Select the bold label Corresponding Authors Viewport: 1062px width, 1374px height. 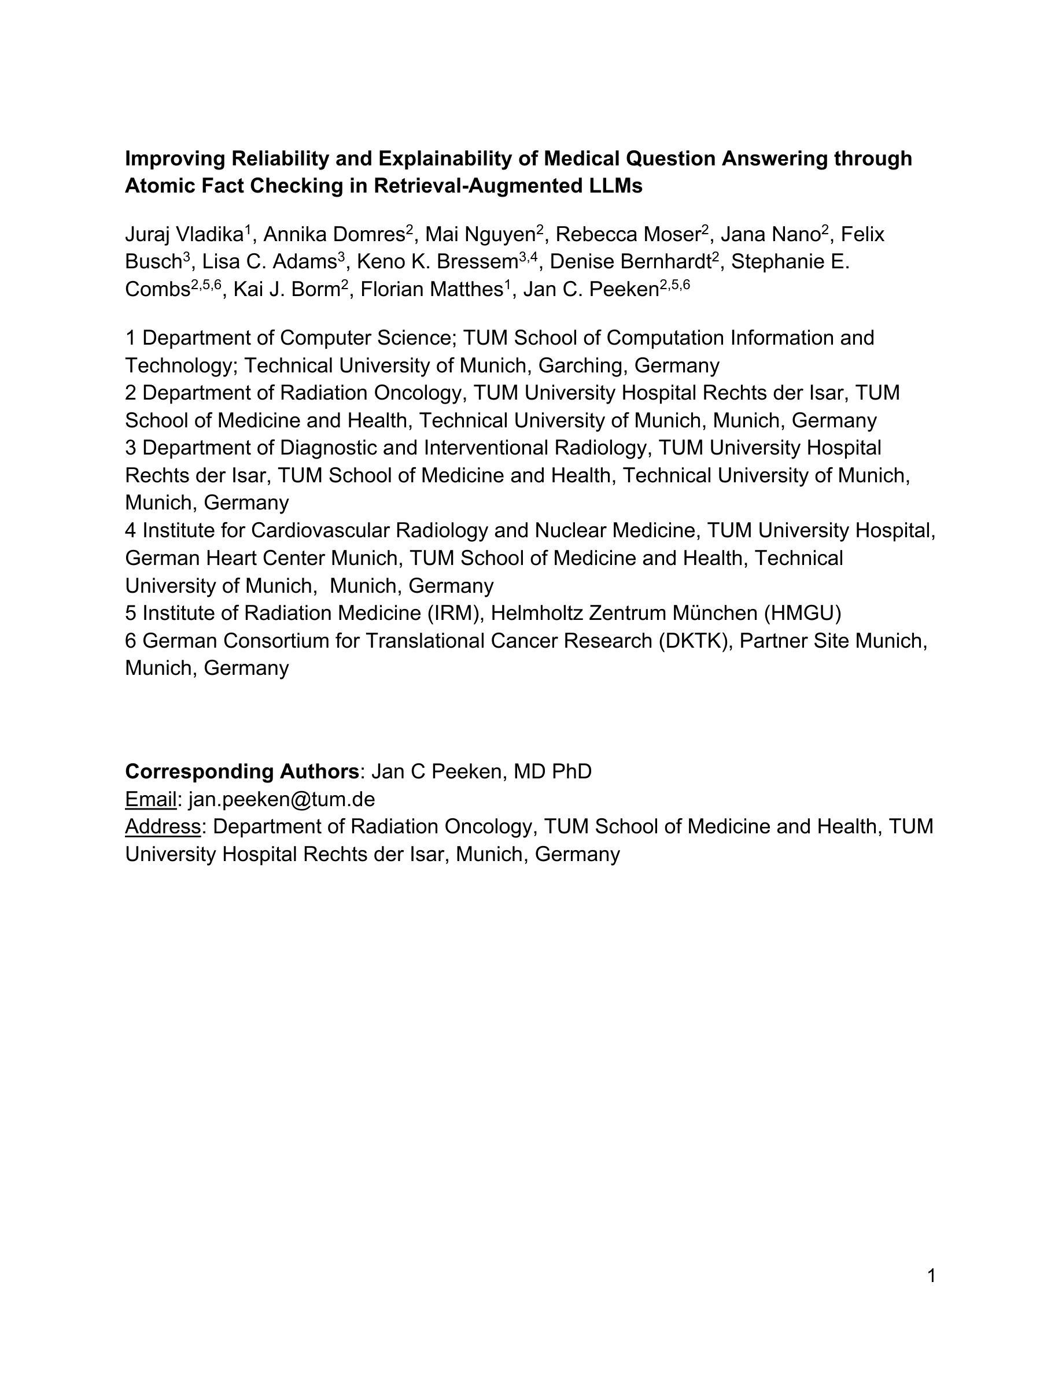(x=242, y=771)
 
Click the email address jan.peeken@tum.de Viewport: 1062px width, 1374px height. (x=282, y=799)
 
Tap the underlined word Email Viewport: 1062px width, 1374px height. (x=151, y=799)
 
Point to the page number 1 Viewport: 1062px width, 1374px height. (x=931, y=1275)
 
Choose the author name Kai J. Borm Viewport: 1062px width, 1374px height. (x=287, y=289)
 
